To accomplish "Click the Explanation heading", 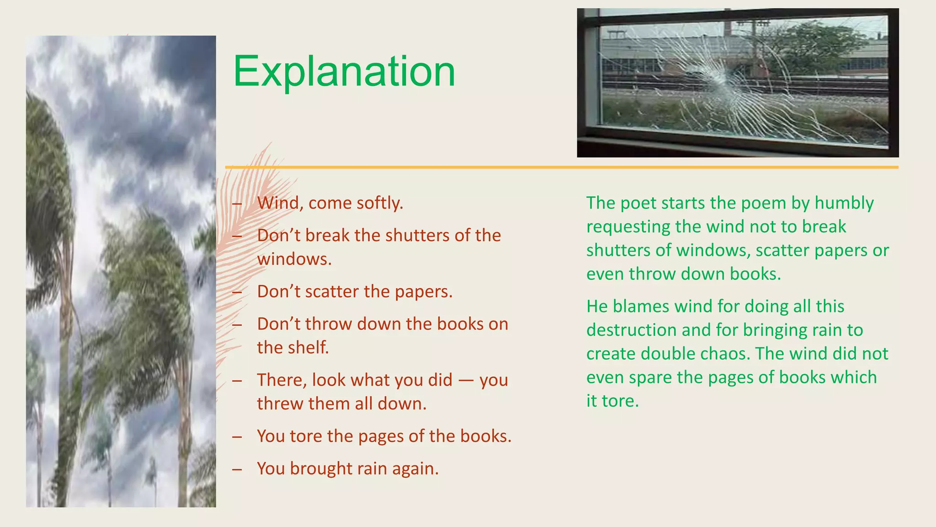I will click(344, 72).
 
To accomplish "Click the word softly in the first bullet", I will click(379, 203).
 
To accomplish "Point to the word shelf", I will click(311, 348).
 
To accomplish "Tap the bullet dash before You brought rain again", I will click(237, 469).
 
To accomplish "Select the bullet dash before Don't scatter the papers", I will click(237, 292).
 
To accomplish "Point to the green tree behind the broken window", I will click(818, 46).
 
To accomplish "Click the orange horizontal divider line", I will click(561, 167).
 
